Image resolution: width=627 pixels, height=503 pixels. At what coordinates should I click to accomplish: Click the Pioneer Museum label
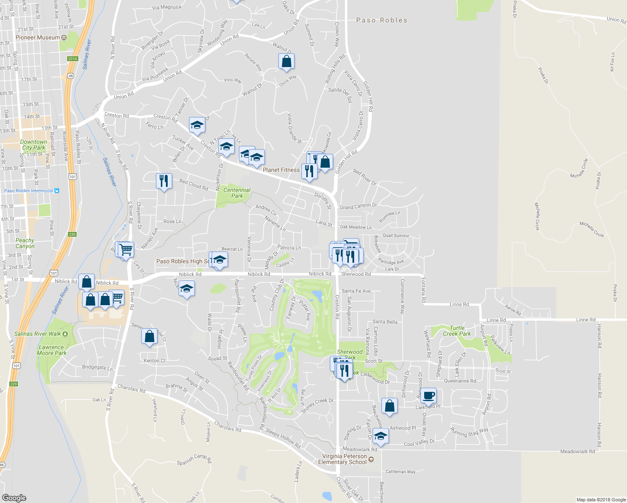tap(38, 38)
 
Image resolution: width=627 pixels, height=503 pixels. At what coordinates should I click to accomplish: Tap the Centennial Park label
tap(237, 193)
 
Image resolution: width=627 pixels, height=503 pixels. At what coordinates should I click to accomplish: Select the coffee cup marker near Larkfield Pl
tap(428, 395)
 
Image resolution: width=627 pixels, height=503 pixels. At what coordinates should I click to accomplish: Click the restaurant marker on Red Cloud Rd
tap(164, 181)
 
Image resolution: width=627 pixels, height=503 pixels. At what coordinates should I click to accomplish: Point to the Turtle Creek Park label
tap(457, 331)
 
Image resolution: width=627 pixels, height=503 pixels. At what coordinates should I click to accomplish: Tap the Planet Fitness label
tap(281, 170)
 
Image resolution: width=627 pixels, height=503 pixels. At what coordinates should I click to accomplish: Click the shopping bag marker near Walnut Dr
tap(286, 61)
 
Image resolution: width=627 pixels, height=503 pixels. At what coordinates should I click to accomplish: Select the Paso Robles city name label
tap(381, 20)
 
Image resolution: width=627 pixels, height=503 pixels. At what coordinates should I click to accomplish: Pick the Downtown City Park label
tap(34, 145)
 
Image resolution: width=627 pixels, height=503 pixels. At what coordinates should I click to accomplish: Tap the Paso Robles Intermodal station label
tap(28, 191)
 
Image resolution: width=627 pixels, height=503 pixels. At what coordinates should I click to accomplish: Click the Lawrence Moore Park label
tap(51, 350)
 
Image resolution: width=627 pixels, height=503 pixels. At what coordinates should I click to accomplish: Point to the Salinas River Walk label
tap(38, 334)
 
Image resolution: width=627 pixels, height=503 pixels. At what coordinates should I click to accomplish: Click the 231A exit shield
tap(73, 59)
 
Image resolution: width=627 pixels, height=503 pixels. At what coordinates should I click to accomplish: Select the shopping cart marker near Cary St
tap(126, 249)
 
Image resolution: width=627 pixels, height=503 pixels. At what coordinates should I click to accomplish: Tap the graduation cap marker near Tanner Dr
tap(197, 124)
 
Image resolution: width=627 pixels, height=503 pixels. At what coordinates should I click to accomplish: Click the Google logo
tap(14, 498)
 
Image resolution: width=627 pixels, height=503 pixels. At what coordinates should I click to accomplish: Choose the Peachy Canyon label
tap(25, 243)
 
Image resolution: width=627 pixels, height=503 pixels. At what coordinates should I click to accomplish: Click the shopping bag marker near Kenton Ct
tap(149, 336)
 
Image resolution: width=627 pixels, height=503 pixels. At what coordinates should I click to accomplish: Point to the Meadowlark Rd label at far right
tap(577, 451)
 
